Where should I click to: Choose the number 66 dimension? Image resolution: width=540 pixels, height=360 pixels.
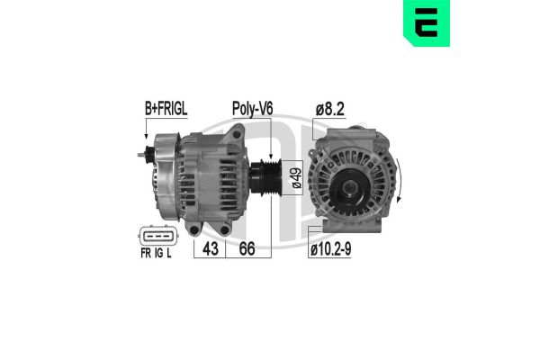(x=247, y=247)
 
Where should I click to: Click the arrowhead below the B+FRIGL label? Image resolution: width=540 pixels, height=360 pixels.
(x=146, y=142)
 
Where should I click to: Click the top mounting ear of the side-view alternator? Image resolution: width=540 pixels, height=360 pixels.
(x=236, y=134)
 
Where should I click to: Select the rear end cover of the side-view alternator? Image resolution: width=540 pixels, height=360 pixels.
(x=162, y=171)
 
